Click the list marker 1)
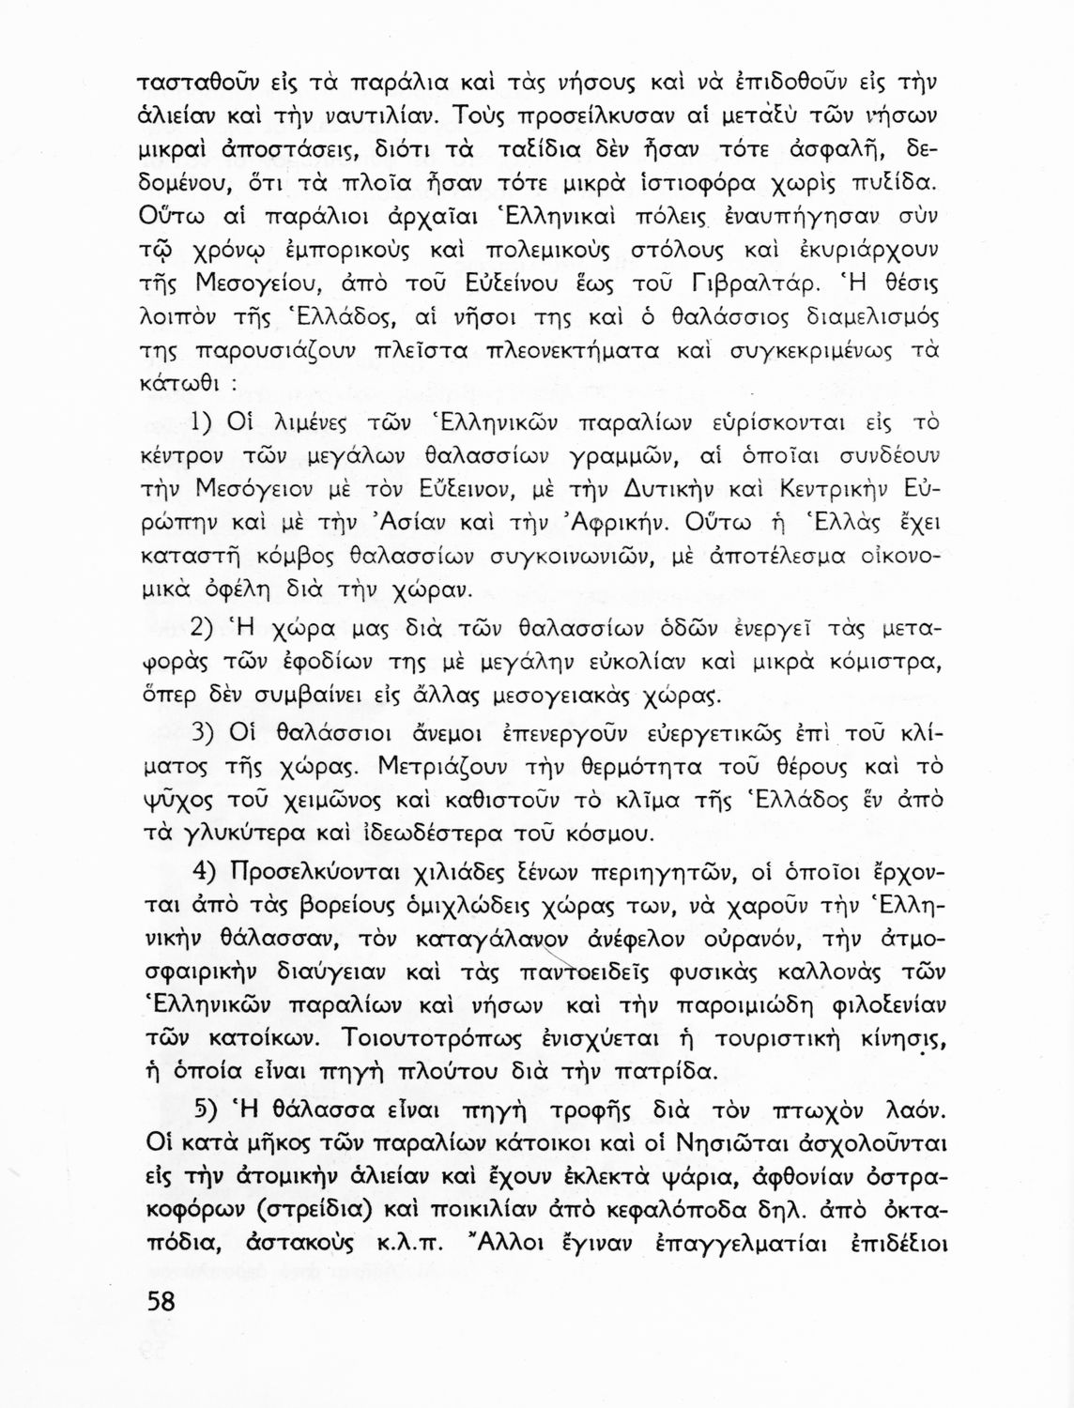[206, 423]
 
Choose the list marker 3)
[207, 730]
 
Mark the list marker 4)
[207, 870]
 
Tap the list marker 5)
[207, 1110]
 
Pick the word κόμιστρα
[879, 663]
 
